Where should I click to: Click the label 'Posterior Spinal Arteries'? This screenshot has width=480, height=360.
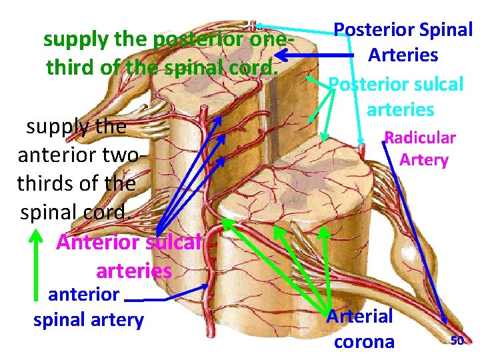pos(403,42)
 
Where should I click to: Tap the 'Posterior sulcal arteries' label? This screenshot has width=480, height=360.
pos(397,96)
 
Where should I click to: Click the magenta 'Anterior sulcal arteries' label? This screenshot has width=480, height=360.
pos(129,256)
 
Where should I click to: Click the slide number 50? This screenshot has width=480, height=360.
pos(457,341)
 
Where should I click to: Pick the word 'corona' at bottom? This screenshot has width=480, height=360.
pos(364,341)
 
